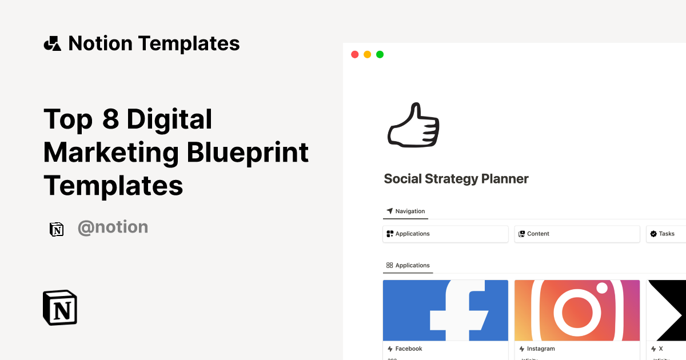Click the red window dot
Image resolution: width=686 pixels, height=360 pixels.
(x=354, y=54)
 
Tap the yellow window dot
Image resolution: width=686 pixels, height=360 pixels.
(x=367, y=54)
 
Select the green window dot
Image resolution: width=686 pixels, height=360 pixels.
(x=380, y=54)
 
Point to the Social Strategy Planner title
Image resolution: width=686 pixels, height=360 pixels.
(x=456, y=179)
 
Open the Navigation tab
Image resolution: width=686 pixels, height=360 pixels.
(x=406, y=211)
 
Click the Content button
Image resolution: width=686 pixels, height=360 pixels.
(x=577, y=234)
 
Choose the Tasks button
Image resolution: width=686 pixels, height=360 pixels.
(x=666, y=234)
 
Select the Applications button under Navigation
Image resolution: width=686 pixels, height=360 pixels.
(x=445, y=234)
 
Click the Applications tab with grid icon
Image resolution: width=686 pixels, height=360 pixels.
(x=408, y=266)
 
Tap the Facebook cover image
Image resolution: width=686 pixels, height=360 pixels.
(x=445, y=310)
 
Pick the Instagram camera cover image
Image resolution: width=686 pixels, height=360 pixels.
(x=577, y=310)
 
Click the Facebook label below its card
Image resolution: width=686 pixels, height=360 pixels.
(x=408, y=349)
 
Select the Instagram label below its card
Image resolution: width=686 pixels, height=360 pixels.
(x=540, y=349)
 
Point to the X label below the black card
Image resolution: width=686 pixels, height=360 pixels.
(x=660, y=349)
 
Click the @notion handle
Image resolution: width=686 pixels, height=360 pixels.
(x=113, y=227)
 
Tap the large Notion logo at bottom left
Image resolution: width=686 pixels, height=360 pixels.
(x=60, y=308)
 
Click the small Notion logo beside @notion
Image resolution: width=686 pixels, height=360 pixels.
(x=57, y=229)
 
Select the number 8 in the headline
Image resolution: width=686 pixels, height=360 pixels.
(x=110, y=120)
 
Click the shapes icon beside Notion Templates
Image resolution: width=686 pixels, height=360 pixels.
(x=53, y=43)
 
